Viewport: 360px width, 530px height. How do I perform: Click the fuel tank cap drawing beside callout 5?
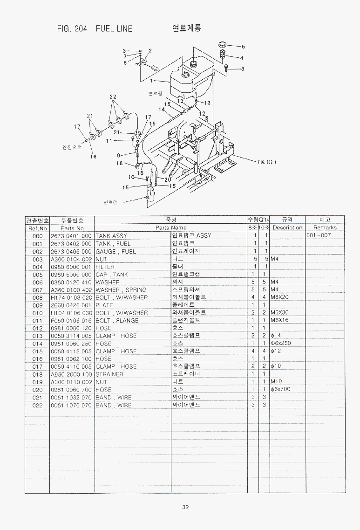pos(223,45)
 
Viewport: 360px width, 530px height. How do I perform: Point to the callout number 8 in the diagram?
pos(243,69)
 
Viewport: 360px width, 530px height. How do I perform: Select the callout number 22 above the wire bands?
pos(113,96)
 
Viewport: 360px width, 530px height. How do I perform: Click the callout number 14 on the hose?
pos(162,110)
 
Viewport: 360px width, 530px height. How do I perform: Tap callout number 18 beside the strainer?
pos(120,163)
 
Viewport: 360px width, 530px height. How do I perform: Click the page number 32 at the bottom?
pos(185,508)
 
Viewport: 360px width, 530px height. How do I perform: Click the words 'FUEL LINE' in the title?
pos(114,28)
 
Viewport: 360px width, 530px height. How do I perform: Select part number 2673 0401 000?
pos(71,235)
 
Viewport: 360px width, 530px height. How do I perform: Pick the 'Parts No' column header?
pos(72,228)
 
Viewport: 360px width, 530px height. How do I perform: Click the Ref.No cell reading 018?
pos(37,374)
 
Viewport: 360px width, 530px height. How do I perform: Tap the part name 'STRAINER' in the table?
pos(109,374)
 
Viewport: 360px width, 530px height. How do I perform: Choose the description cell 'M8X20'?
pos(280,297)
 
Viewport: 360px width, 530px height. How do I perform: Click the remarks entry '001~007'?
pos(319,235)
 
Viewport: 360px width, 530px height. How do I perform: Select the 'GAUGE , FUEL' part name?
pos(116,251)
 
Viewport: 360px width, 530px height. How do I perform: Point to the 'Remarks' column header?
pos(325,228)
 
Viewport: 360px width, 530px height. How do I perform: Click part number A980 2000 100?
pos(71,374)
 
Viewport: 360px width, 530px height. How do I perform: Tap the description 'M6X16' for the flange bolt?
pos(279,320)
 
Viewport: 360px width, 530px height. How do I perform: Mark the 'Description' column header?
pos(287,228)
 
